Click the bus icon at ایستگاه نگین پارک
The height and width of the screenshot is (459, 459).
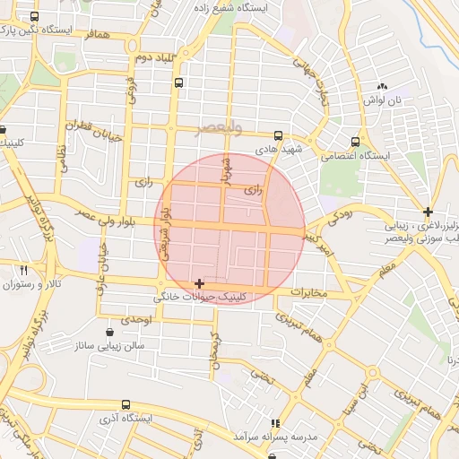click(x=35, y=17)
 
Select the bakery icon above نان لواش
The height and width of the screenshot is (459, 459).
click(x=383, y=87)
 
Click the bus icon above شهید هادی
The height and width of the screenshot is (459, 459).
click(x=277, y=136)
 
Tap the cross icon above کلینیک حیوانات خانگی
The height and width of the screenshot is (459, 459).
click(x=199, y=283)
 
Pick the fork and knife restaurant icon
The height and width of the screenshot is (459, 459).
click(x=24, y=270)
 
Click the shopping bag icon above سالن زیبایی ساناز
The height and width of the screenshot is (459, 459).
click(x=110, y=330)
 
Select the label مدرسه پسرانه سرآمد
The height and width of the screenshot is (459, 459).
click(x=277, y=435)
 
